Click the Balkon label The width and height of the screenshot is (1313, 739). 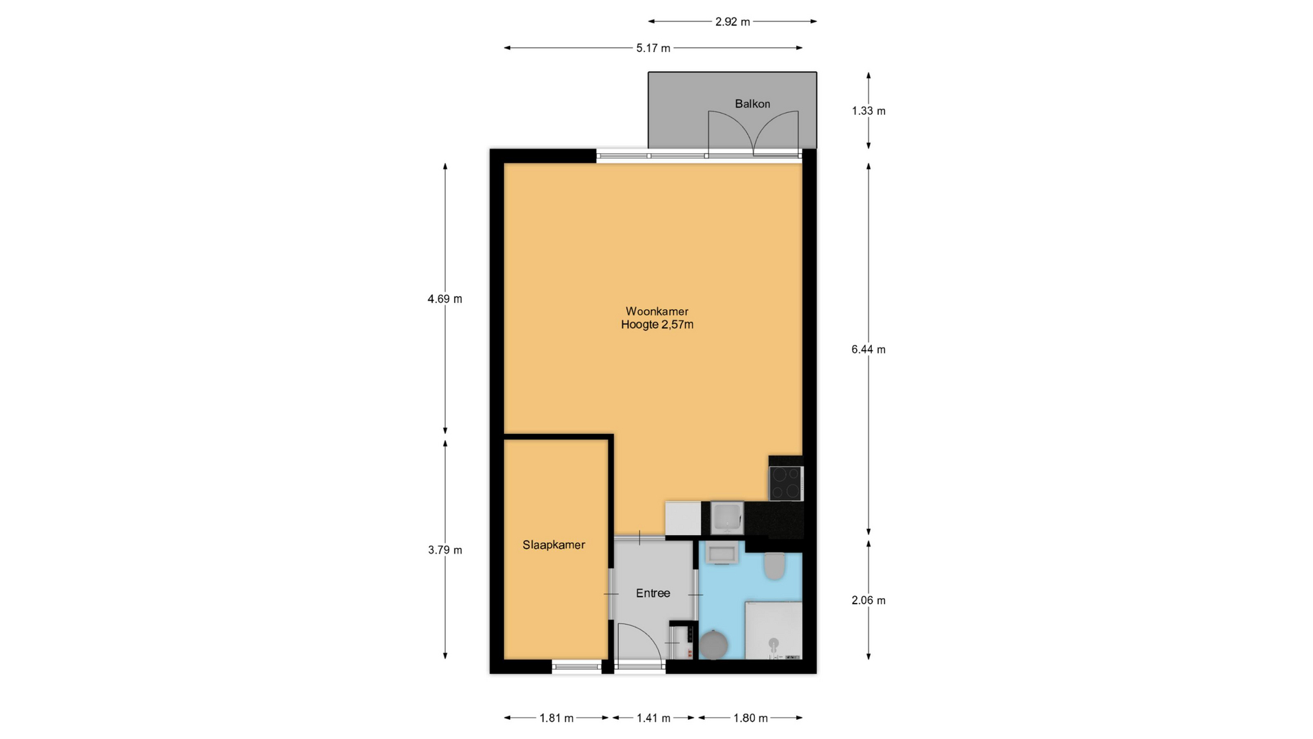[x=752, y=104]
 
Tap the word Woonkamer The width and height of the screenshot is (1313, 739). [x=656, y=311]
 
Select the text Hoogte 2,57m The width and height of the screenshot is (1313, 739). [x=657, y=325]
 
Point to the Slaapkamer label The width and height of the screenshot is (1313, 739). [x=554, y=545]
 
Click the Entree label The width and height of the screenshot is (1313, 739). [x=653, y=593]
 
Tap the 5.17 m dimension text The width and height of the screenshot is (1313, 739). [x=653, y=48]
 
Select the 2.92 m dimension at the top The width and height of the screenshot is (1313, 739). [x=732, y=22]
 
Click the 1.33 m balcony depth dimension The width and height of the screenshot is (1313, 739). [x=868, y=111]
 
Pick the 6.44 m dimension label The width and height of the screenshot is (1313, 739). [x=868, y=350]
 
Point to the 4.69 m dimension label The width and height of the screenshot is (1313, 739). [x=445, y=299]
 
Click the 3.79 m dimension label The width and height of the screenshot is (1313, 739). [x=445, y=550]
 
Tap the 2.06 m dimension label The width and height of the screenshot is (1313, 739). [x=868, y=601]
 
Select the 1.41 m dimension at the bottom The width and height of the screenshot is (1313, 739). [x=654, y=718]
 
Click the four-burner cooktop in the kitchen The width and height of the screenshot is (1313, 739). [x=786, y=484]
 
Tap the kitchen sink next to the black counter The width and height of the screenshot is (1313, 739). [x=726, y=518]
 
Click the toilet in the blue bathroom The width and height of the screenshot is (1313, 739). [x=774, y=566]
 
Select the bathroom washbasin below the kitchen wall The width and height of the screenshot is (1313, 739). [x=721, y=554]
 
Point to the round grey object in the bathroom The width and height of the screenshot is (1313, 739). [x=713, y=645]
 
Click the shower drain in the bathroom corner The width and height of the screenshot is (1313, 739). [x=773, y=643]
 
